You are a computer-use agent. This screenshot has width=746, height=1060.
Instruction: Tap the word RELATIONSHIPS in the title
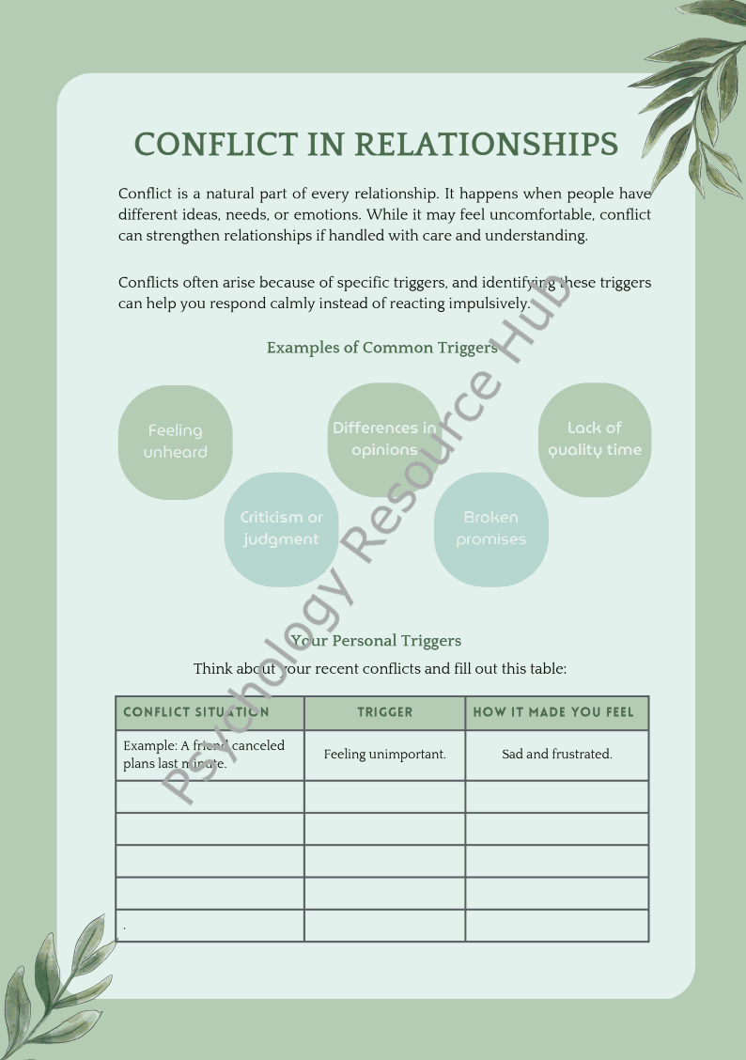tap(486, 144)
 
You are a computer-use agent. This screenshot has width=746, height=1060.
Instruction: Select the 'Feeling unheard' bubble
tap(175, 442)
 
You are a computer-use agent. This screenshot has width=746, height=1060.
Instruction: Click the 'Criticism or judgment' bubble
tap(281, 529)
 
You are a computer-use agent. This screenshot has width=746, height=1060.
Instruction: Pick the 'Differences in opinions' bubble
tap(383, 439)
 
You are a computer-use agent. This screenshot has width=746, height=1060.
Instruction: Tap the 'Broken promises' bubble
tap(490, 529)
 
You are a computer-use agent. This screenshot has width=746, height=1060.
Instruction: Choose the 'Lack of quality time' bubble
tap(595, 439)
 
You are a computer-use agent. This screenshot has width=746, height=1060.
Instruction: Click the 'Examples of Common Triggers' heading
tap(381, 348)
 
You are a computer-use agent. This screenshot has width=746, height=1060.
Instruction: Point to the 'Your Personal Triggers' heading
tap(376, 641)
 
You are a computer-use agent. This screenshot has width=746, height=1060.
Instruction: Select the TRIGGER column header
tap(384, 712)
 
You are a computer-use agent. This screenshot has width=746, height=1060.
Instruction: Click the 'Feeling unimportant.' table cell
tap(384, 755)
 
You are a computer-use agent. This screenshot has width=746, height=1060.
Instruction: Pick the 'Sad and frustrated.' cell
tap(556, 755)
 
